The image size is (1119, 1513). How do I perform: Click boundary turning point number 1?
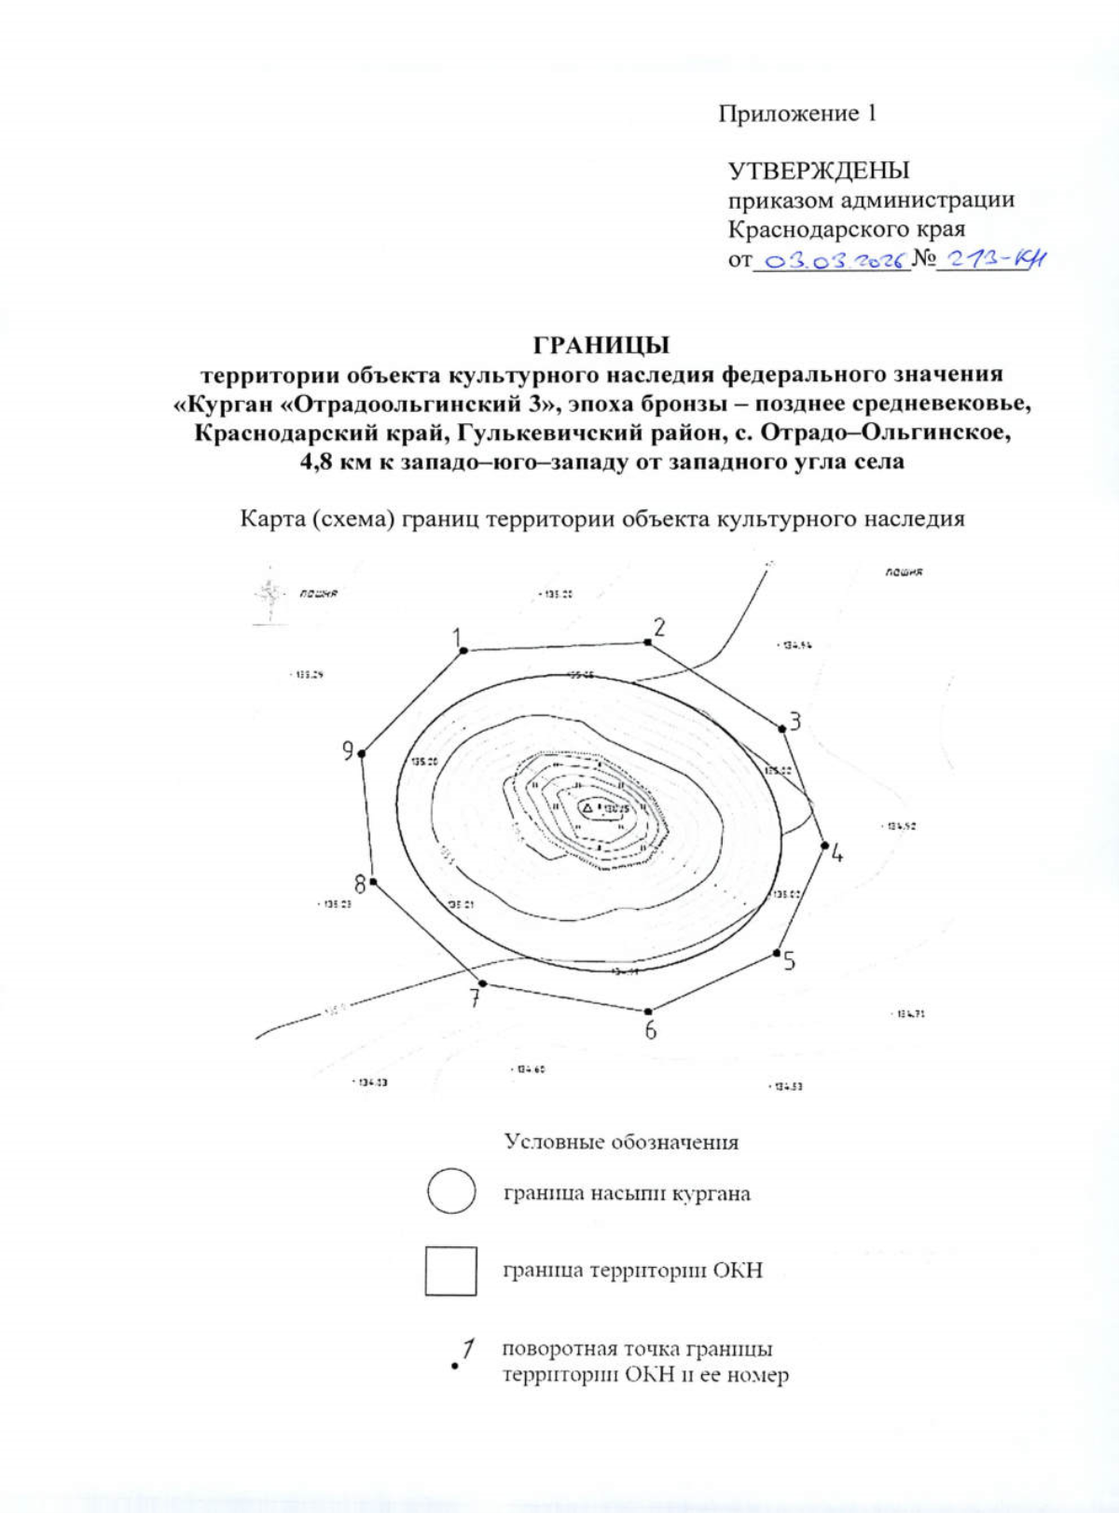tap(463, 651)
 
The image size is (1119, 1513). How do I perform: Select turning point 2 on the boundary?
tap(647, 641)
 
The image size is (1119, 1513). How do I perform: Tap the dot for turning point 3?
tap(781, 728)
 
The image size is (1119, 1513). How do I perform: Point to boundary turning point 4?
tap(824, 846)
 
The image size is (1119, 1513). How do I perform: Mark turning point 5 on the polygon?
tap(776, 953)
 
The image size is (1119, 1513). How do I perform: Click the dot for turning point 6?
tap(649, 1011)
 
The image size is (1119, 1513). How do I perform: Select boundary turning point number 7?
tap(482, 983)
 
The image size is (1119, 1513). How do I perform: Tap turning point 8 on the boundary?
tap(373, 881)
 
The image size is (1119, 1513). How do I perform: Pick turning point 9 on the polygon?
tap(362, 753)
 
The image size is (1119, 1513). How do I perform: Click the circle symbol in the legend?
tap(451, 1191)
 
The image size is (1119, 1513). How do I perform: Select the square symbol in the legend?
tap(451, 1270)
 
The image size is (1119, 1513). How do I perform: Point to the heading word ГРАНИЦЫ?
tap(601, 346)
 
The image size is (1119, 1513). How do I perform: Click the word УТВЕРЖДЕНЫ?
tap(819, 172)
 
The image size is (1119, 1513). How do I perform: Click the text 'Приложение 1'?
tap(797, 114)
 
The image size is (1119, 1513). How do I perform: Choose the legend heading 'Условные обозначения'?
tap(621, 1142)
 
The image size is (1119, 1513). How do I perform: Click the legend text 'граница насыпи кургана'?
tap(627, 1193)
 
